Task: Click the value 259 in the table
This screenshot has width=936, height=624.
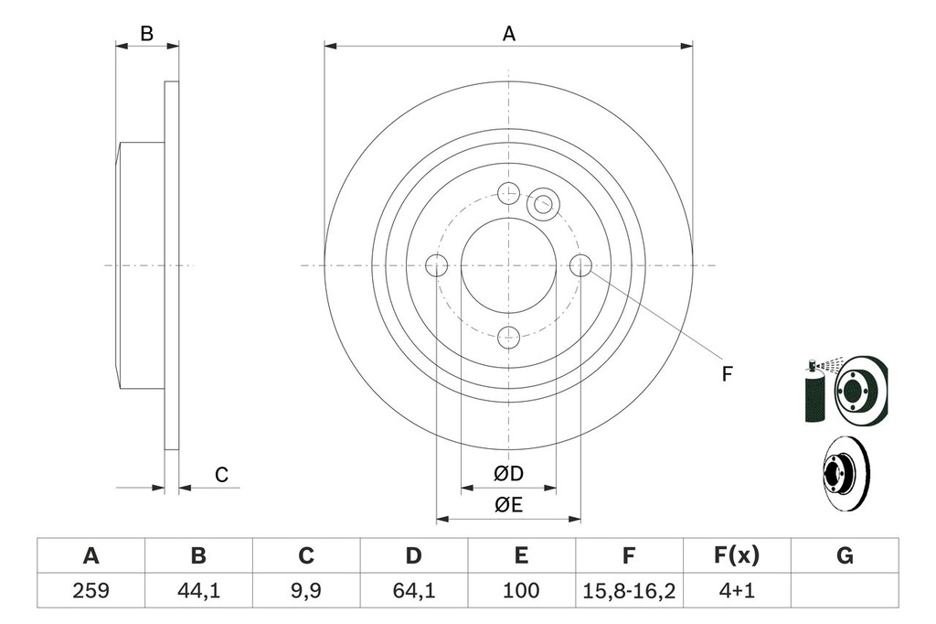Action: (x=90, y=590)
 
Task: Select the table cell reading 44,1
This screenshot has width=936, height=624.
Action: (x=197, y=590)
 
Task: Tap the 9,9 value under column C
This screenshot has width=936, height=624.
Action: (x=306, y=590)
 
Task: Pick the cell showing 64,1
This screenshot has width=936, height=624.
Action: (x=413, y=590)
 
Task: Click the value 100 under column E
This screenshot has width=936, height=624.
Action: (x=521, y=590)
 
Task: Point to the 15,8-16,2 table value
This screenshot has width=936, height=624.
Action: (x=629, y=590)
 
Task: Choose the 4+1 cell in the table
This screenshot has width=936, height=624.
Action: (x=736, y=590)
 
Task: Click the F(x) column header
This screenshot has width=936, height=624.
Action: (x=736, y=555)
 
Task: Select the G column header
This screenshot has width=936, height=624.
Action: (x=845, y=555)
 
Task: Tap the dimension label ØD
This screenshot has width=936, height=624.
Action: (x=508, y=474)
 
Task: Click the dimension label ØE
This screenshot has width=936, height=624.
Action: (x=508, y=505)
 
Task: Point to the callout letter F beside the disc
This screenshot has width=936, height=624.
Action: (x=727, y=374)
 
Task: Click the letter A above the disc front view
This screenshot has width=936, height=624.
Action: (x=509, y=34)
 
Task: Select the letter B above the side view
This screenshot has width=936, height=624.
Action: (x=145, y=34)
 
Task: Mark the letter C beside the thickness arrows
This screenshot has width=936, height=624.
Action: (x=220, y=475)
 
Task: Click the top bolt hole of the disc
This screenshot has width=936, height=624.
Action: (x=508, y=192)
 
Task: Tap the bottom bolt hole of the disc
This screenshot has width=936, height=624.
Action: (x=508, y=337)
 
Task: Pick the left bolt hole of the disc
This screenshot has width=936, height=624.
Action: (x=437, y=265)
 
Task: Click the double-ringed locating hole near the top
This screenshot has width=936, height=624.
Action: (x=543, y=202)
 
